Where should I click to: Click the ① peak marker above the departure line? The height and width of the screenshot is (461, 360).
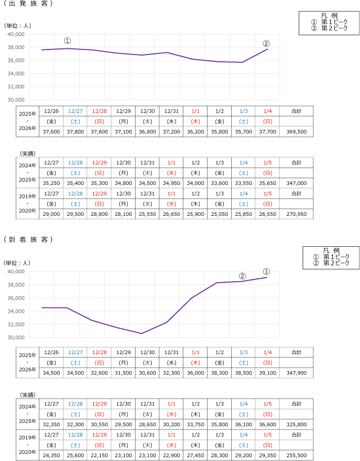pyautogui.click(x=67, y=41)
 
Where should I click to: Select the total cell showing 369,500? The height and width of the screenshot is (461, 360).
pyautogui.click(x=296, y=132)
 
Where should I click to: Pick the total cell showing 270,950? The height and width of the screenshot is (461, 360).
pyautogui.click(x=296, y=214)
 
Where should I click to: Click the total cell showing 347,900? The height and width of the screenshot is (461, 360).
pyautogui.click(x=296, y=373)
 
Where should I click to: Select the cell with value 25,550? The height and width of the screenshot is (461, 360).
pyautogui.click(x=147, y=214)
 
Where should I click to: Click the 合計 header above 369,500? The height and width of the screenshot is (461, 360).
pyautogui.click(x=296, y=111)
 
